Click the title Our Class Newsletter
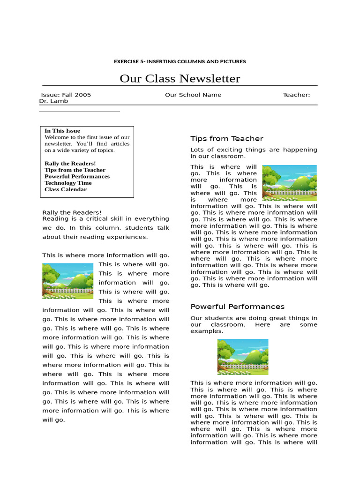(x=180, y=78)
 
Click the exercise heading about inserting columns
(x=180, y=61)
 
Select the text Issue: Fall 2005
(x=66, y=95)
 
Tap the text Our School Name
(x=193, y=95)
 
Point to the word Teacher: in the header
(x=296, y=95)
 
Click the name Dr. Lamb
(x=53, y=101)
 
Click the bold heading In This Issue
(x=62, y=131)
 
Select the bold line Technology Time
(x=68, y=183)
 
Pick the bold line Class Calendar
(x=66, y=189)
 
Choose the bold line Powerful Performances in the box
(x=77, y=176)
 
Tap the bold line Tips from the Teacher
(x=75, y=170)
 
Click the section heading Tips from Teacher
(x=227, y=138)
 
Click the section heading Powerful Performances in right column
(x=237, y=307)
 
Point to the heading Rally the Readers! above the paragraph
(x=72, y=212)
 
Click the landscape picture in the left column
(x=67, y=281)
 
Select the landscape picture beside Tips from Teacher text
(x=289, y=182)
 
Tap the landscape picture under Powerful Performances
(x=243, y=357)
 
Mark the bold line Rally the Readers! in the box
(x=70, y=163)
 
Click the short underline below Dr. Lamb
(x=79, y=112)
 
